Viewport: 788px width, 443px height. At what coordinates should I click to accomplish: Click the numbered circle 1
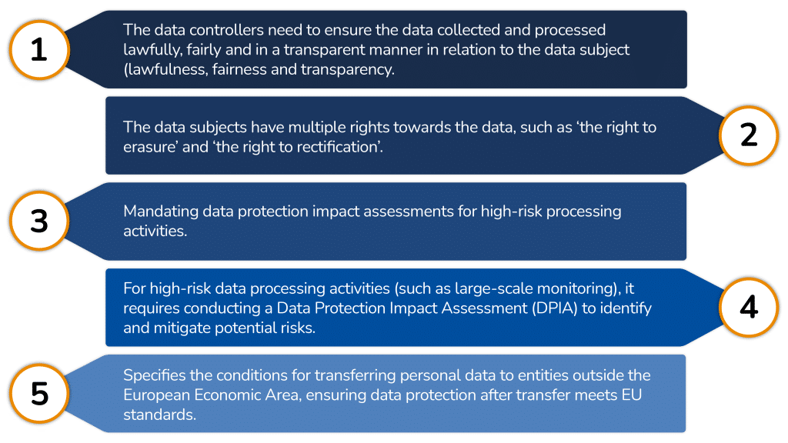(x=39, y=50)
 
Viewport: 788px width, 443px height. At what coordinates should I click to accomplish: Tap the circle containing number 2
(x=749, y=135)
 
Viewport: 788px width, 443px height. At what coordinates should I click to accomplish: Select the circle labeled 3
(x=39, y=221)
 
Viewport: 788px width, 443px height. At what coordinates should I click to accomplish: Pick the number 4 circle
(x=749, y=307)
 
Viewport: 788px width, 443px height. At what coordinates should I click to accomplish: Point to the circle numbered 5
(x=39, y=393)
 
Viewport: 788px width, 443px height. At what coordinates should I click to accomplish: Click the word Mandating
(x=161, y=212)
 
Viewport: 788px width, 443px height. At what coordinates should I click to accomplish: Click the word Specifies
(x=154, y=375)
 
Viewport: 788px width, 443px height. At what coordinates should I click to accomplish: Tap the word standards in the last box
(x=159, y=415)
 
